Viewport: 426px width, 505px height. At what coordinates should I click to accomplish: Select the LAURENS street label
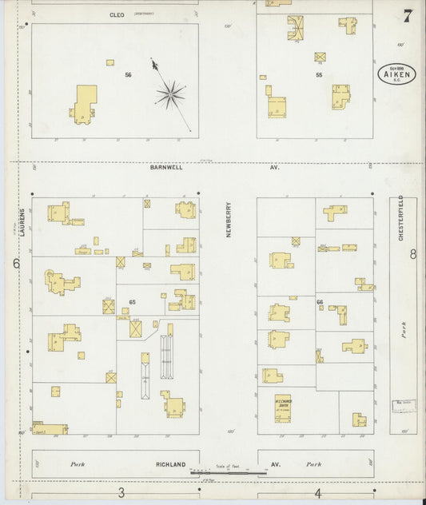tap(24, 217)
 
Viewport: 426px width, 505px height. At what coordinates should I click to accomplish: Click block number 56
tap(127, 74)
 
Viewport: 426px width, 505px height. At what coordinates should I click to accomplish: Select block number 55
tap(318, 74)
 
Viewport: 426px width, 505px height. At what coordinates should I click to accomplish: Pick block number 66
tap(320, 302)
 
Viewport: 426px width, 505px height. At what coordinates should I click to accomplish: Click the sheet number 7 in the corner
tap(408, 16)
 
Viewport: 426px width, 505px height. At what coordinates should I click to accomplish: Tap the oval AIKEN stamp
tap(391, 76)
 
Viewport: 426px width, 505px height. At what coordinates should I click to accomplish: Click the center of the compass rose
tap(170, 95)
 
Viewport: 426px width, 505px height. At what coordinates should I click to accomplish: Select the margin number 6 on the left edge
tap(15, 263)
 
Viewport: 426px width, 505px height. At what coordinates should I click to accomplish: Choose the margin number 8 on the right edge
tap(412, 255)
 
